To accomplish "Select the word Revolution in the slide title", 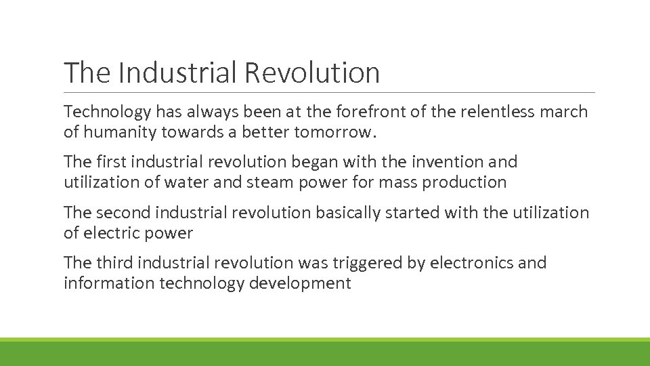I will click(x=312, y=73).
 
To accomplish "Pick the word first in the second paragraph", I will click(x=112, y=162).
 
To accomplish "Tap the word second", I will click(x=125, y=213).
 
